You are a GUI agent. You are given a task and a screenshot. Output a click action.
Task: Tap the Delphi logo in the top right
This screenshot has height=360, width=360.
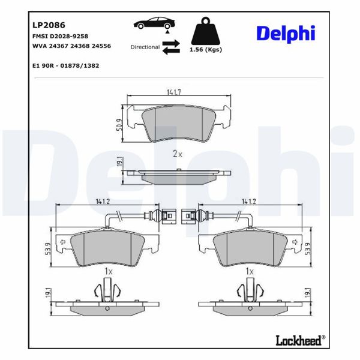click(285, 32)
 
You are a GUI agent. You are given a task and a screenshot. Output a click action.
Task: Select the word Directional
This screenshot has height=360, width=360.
click(145, 47)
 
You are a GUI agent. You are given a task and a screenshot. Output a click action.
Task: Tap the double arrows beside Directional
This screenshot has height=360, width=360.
click(171, 47)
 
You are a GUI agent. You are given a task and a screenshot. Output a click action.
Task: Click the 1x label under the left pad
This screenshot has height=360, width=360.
click(109, 272)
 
